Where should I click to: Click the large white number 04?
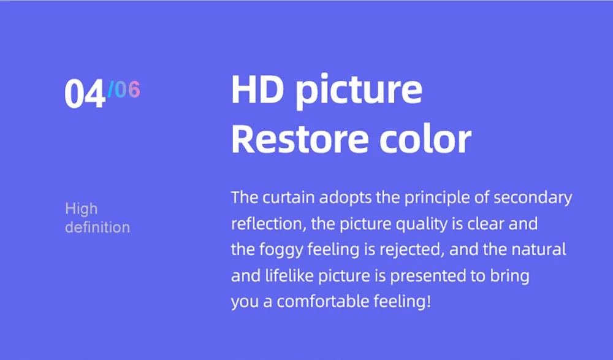(85, 93)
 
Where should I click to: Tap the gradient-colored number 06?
(127, 90)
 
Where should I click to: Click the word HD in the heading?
(257, 89)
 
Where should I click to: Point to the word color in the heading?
(425, 139)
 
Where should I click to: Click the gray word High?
(82, 209)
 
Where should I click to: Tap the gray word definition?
(97, 227)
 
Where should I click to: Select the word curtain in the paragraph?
(289, 197)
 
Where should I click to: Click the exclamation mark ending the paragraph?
(429, 301)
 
